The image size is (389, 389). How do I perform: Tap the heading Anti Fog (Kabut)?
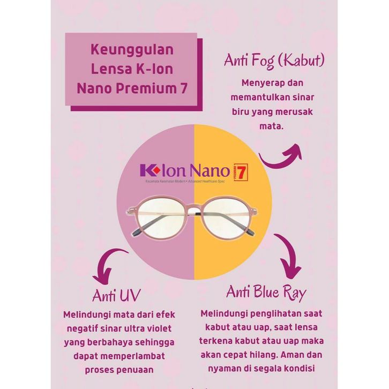(274, 61)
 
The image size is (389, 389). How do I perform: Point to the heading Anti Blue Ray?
(266, 292)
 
